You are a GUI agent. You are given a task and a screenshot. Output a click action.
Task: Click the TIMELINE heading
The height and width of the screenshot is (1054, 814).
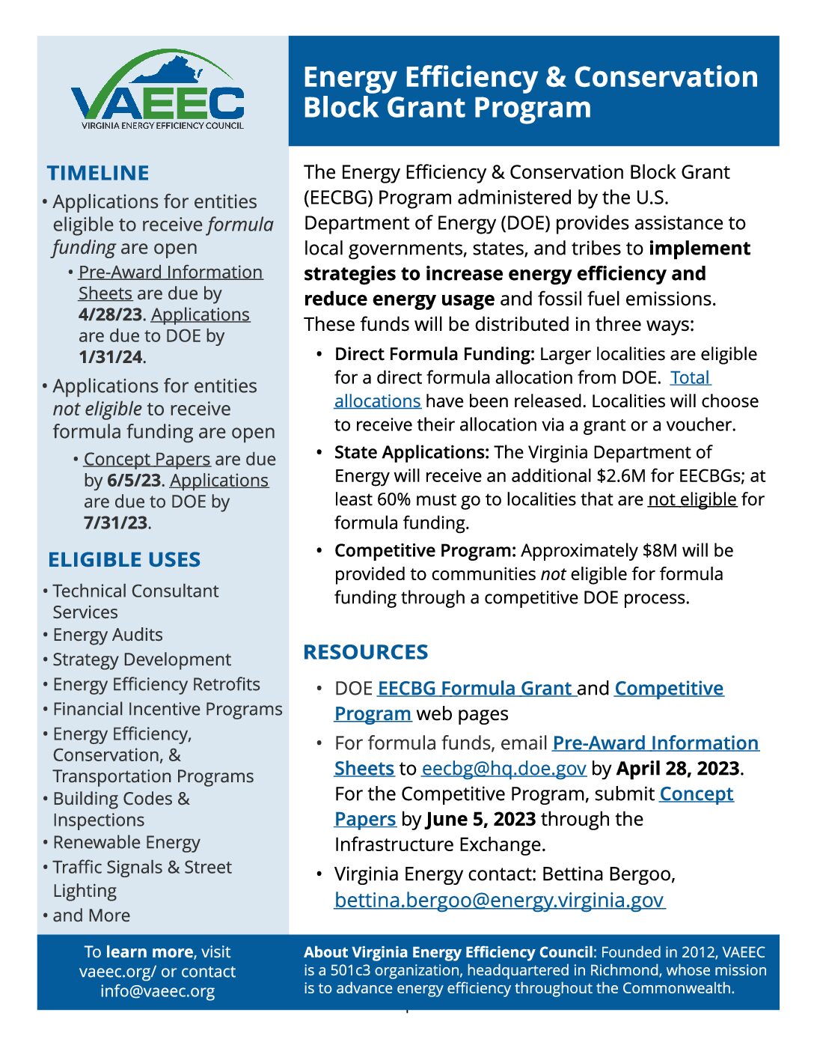98,173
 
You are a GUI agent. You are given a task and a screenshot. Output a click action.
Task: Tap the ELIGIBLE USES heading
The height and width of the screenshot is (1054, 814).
124,560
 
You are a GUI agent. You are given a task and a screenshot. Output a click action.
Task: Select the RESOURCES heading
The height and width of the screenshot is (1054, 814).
366,652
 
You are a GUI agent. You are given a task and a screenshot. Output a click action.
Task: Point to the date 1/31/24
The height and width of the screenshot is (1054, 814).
111,357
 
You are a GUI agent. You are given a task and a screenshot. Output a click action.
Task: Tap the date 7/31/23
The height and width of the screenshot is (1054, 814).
116,523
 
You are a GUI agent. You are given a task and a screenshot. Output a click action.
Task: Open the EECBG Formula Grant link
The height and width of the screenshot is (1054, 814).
476,689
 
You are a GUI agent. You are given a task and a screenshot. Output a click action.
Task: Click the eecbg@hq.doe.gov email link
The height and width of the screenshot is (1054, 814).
504,769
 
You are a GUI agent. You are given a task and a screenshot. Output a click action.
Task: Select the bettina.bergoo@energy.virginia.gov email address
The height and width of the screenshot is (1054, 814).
499,900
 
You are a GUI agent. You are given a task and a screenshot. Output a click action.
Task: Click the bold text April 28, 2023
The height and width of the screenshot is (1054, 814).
678,769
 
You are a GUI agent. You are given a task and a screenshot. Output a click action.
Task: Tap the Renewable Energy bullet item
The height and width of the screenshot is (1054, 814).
126,843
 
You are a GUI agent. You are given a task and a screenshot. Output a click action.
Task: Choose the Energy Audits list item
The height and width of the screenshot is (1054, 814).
108,635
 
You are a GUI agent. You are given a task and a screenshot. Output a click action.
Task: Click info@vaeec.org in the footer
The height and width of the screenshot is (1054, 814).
157,992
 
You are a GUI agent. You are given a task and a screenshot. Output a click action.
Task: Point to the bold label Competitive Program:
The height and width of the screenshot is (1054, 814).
425,551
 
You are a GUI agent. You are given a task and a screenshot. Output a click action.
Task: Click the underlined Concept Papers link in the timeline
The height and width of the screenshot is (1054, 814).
147,459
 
